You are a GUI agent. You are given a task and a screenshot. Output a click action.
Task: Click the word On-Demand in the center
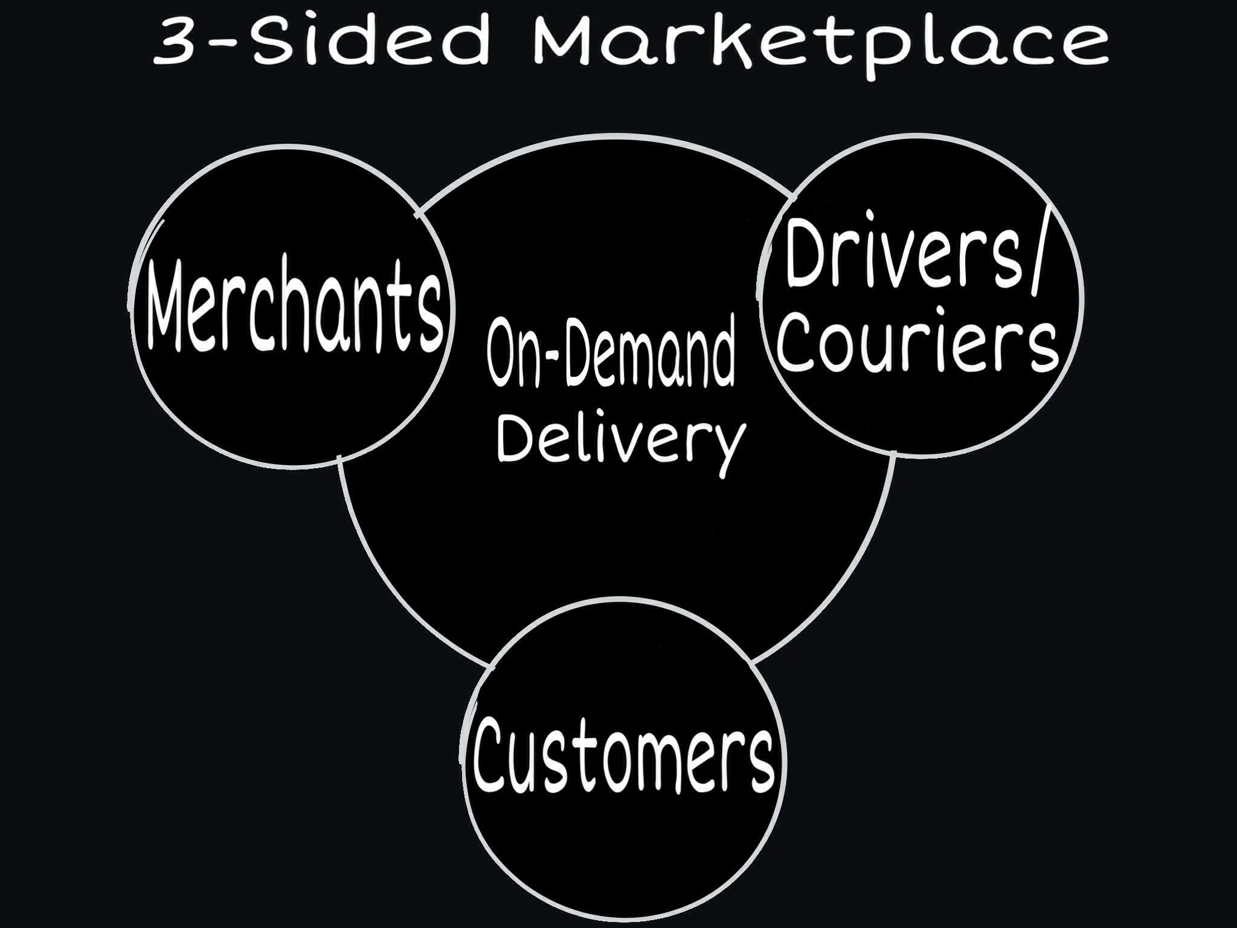611,356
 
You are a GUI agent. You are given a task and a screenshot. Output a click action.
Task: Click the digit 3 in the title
175,41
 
